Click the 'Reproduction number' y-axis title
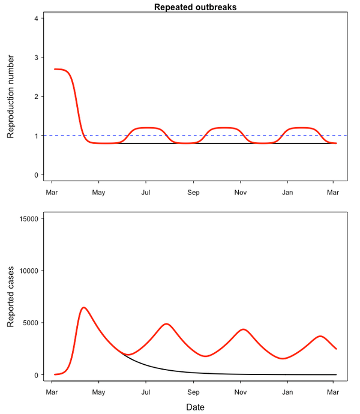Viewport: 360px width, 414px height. click(x=11, y=97)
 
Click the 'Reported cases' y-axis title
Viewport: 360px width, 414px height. click(x=11, y=296)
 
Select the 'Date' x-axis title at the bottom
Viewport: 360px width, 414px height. click(x=195, y=407)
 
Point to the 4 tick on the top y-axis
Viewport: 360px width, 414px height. click(x=37, y=19)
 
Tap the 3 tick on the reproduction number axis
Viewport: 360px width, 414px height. click(x=37, y=58)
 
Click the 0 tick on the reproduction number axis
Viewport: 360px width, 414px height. click(x=37, y=175)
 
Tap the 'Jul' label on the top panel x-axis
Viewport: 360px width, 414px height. click(x=146, y=193)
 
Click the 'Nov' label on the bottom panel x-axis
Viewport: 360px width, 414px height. click(x=240, y=392)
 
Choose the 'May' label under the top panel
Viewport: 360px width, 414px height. click(x=98, y=193)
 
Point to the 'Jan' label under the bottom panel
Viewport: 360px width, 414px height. click(x=287, y=392)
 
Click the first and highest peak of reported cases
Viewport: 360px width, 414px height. click(x=83, y=308)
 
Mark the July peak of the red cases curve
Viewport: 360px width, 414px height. click(x=167, y=324)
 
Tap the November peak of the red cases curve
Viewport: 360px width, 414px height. click(x=242, y=329)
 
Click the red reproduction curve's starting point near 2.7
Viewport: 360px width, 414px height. click(x=55, y=69)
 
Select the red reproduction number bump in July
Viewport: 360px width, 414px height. click(x=146, y=128)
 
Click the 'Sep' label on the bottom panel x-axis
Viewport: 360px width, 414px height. click(x=193, y=392)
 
